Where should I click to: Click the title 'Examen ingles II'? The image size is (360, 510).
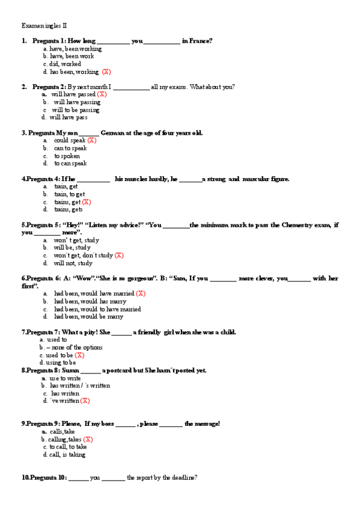[44, 26]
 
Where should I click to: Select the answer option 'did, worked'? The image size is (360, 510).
[66, 64]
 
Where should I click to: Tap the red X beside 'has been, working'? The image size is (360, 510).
[106, 72]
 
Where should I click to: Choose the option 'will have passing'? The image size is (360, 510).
[77, 102]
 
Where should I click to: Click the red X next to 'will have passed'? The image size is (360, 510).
[102, 94]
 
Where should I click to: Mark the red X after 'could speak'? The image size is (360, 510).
[91, 140]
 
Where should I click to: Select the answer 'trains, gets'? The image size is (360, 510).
[69, 209]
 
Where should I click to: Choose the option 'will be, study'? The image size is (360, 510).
[72, 247]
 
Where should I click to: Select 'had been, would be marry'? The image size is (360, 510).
[88, 316]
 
